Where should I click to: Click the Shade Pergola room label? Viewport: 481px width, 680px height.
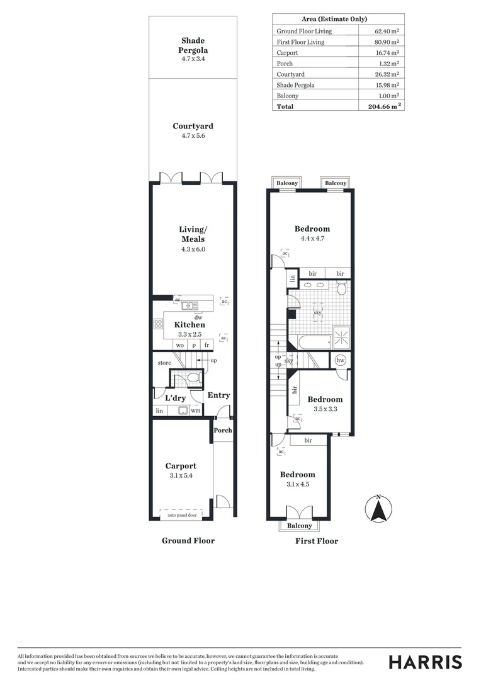[x=193, y=45]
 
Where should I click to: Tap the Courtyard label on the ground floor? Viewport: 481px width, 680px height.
[x=193, y=126]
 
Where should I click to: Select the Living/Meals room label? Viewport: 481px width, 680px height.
[x=192, y=234]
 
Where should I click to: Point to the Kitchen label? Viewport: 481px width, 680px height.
[x=190, y=325]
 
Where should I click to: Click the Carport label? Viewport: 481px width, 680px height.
[x=181, y=466]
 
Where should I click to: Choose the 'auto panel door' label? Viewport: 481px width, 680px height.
[x=182, y=515]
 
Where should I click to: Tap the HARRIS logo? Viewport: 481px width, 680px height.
[x=425, y=662]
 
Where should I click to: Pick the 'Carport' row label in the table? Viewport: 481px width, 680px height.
[x=287, y=53]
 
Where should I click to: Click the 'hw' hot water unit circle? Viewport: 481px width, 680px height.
[x=341, y=360]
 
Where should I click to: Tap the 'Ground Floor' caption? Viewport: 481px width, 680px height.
[x=188, y=540]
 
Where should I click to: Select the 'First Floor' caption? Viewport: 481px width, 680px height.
[x=317, y=541]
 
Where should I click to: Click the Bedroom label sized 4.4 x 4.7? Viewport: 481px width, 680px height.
[x=312, y=229]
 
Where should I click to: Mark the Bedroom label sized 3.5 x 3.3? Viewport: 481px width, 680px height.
[x=325, y=399]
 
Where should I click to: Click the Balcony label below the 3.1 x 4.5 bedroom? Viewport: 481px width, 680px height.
[x=299, y=526]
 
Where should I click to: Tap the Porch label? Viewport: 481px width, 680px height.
[x=223, y=431]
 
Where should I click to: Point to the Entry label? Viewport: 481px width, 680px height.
[x=218, y=395]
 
